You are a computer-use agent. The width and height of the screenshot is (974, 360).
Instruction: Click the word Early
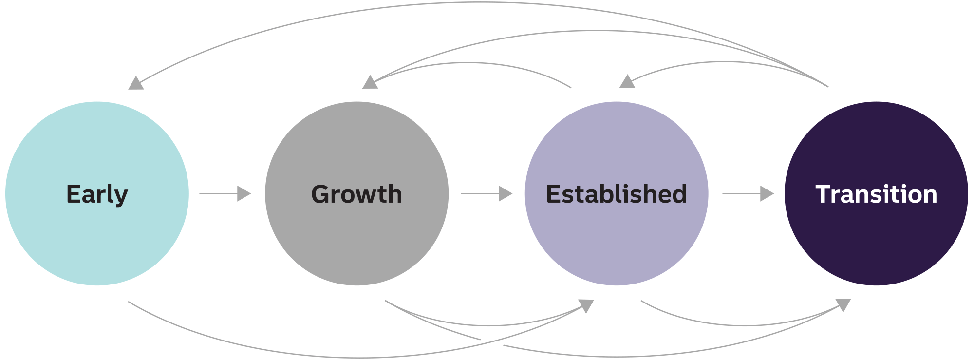pyautogui.click(x=97, y=194)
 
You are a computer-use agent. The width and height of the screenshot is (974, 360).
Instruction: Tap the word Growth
pyautogui.click(x=356, y=194)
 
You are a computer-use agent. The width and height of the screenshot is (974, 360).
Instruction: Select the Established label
pyautogui.click(x=616, y=194)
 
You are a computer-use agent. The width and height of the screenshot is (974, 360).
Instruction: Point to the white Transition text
pyautogui.click(x=876, y=194)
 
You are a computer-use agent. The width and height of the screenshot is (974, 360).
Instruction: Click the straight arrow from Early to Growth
pyautogui.click(x=225, y=193)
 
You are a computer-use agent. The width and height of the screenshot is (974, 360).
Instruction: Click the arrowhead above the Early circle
pyautogui.click(x=136, y=83)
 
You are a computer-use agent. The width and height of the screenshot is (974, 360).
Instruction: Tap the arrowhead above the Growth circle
pyautogui.click(x=370, y=82)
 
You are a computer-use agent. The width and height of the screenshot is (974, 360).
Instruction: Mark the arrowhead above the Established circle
pyautogui.click(x=627, y=81)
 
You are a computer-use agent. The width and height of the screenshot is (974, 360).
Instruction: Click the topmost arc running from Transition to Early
pyautogui.click(x=480, y=3)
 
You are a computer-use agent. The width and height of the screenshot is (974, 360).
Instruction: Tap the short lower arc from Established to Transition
pyautogui.click(x=745, y=325)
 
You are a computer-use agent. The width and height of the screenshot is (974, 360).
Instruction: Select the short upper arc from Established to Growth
pyautogui.click(x=468, y=63)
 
